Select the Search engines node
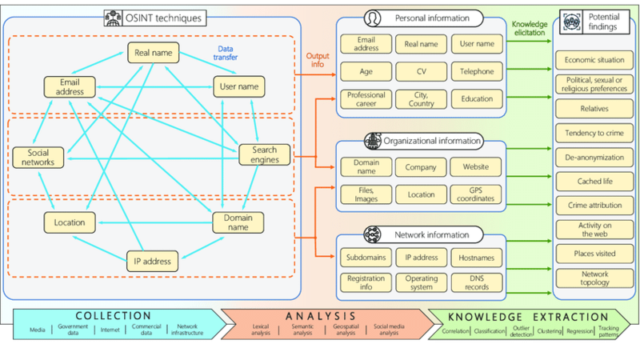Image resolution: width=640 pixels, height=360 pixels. pos(264,154)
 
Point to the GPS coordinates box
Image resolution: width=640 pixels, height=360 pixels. pos(477,193)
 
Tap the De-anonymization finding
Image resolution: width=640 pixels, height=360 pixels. pos(594,158)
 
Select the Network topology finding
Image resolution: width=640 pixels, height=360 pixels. pos(594,278)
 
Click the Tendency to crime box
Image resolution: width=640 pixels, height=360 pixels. pos(594,133)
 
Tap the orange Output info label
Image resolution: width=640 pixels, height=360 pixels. pos(318,61)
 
